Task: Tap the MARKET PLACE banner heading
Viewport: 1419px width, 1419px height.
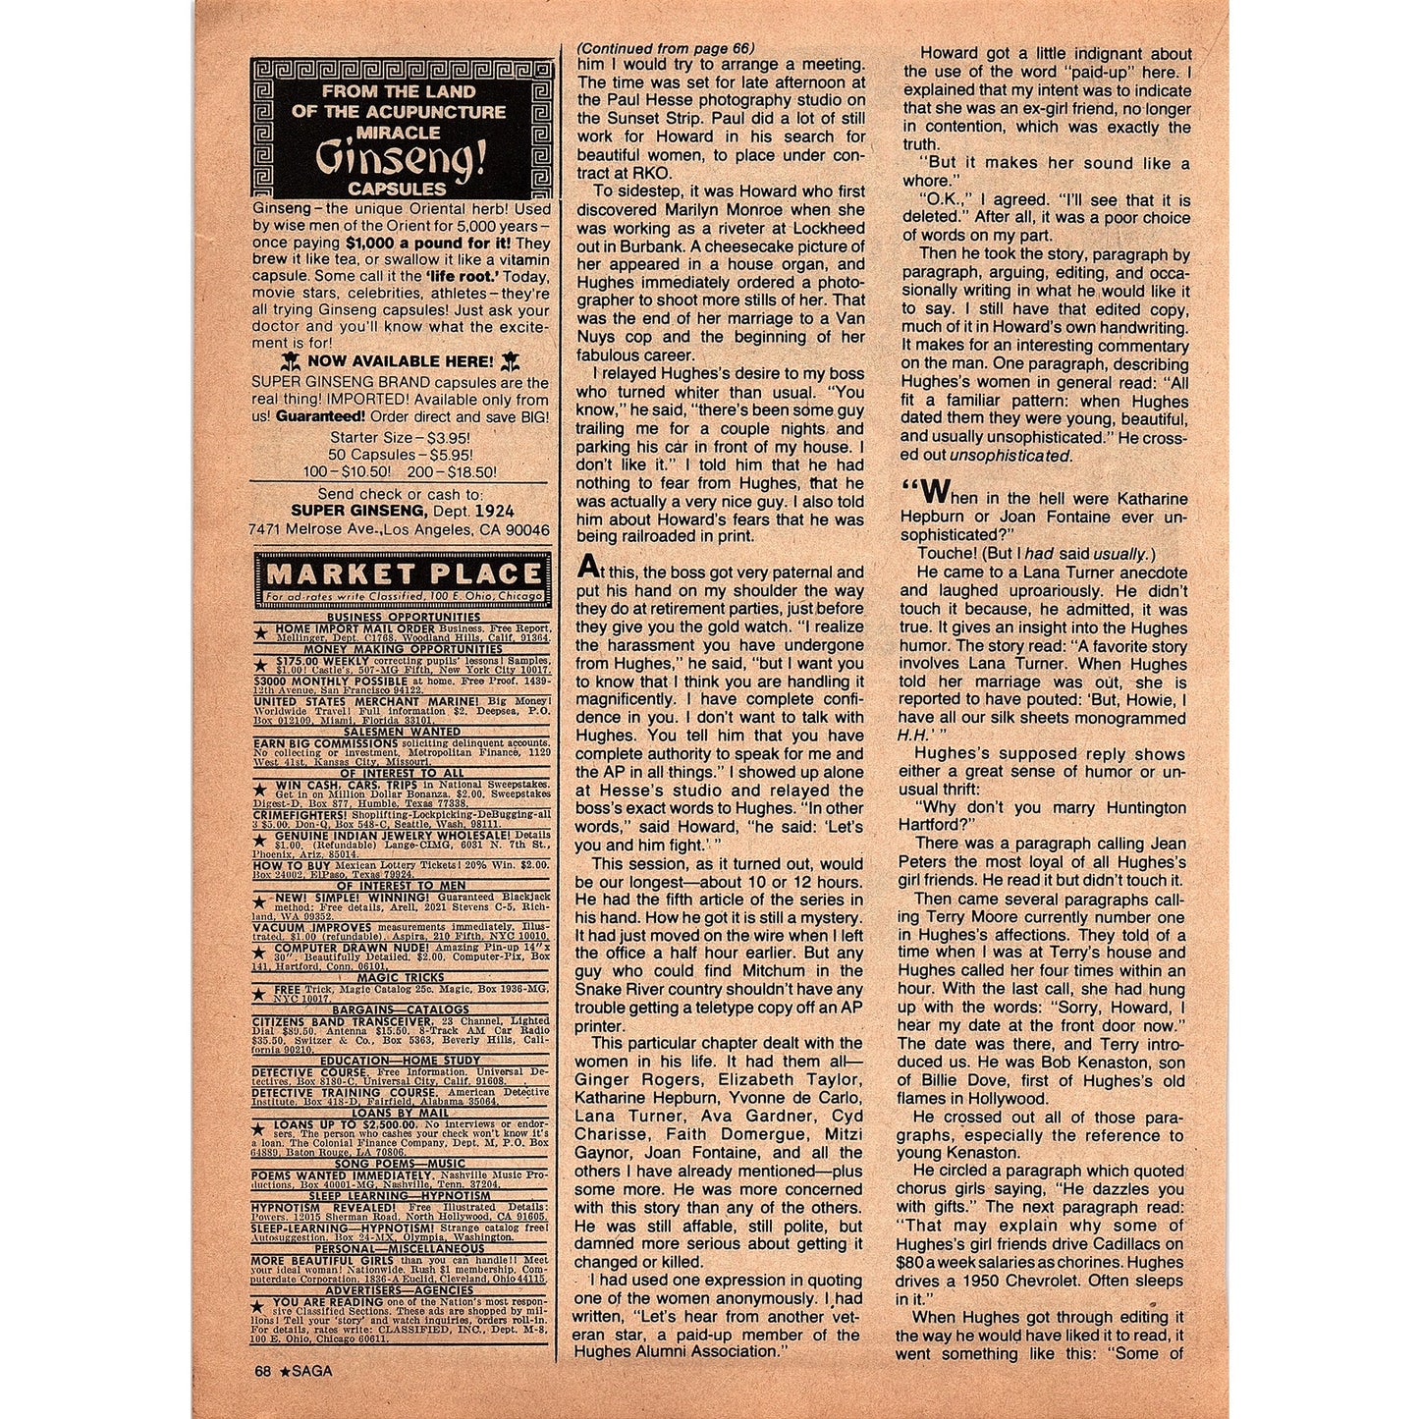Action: pos(403,573)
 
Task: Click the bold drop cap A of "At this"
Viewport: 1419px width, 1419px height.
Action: pos(586,567)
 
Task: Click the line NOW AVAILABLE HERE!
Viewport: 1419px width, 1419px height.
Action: pos(401,361)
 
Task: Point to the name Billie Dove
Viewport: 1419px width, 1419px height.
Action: pos(945,1080)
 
